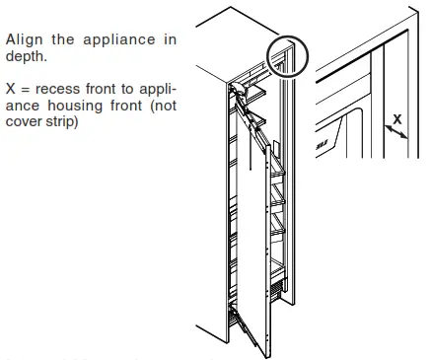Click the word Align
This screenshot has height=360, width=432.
point(25,39)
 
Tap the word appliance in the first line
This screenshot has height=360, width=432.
point(116,39)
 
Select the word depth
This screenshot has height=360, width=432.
point(27,56)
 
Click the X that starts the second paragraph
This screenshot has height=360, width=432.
point(11,88)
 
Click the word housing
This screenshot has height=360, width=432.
point(79,105)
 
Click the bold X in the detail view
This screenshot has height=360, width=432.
point(397,119)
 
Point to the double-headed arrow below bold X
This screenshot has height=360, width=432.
point(396,136)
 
